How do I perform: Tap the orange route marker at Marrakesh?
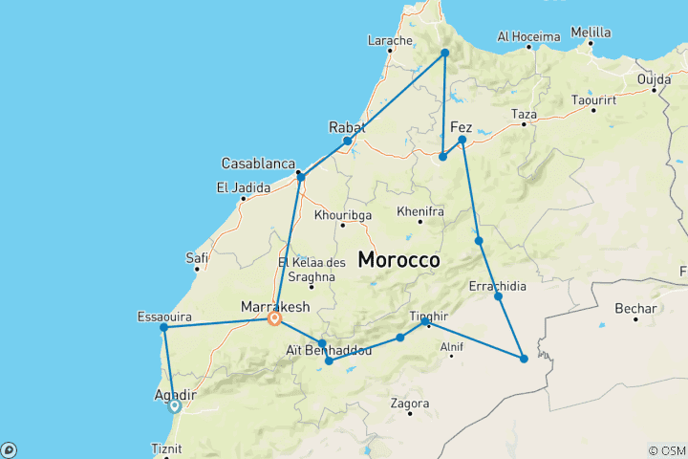click(x=274, y=319)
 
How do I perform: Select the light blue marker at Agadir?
click(x=174, y=405)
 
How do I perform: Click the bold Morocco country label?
click(x=398, y=259)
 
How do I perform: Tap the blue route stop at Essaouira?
click(x=164, y=328)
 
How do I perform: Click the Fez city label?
click(x=461, y=126)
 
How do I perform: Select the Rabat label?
click(x=347, y=126)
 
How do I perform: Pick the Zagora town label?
click(x=409, y=404)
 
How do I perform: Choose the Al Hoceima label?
click(x=528, y=37)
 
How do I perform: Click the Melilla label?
click(x=591, y=33)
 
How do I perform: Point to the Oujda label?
click(x=654, y=77)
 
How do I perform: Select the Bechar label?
click(x=636, y=309)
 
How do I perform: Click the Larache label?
click(x=390, y=41)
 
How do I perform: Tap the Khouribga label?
click(x=341, y=215)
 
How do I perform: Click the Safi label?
click(x=198, y=257)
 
